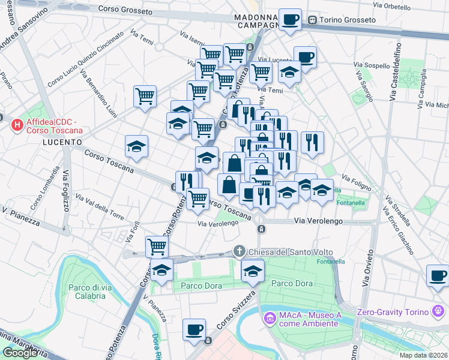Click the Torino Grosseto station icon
coord(312,20)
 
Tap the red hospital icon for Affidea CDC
coord(17,125)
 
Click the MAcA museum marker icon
coord(268,316)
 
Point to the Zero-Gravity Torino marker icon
coord(439,311)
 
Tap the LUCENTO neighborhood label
coord(62,142)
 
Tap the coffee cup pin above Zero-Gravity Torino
coord(437,275)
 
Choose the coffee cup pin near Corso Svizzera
coord(194,329)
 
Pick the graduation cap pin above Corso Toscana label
coord(136,145)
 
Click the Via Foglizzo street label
coord(63,190)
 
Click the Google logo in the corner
coord(20,353)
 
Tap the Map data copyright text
coord(423,355)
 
